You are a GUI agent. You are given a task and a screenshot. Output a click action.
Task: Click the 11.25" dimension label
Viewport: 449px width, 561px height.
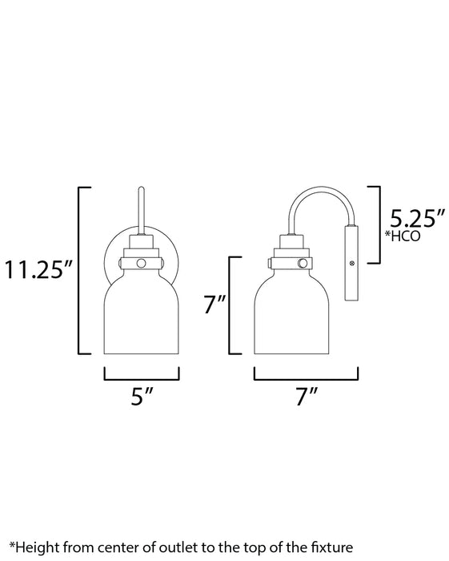pos(38,268)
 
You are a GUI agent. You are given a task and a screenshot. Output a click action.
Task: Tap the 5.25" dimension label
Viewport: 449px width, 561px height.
pos(415,218)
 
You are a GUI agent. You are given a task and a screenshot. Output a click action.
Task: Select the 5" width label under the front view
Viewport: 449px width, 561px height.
pos(142,395)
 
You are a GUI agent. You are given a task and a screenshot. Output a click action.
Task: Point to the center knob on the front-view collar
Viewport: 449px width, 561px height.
pos(142,263)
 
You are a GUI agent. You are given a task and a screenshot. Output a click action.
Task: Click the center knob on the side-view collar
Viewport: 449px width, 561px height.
pos(303,263)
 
